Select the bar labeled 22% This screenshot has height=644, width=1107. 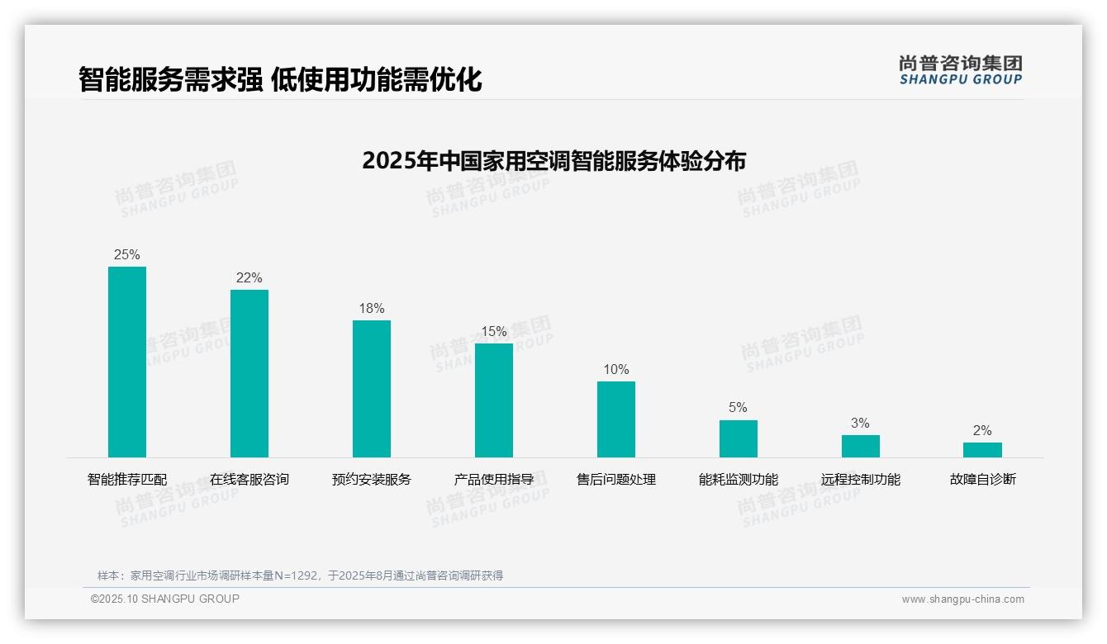(249, 373)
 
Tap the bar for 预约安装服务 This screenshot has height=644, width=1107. (372, 389)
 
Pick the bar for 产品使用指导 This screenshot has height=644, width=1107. (494, 400)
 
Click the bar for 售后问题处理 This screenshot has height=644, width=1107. (616, 419)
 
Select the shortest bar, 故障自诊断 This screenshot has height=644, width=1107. (982, 450)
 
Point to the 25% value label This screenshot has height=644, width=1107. (127, 254)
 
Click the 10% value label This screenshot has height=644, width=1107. (616, 369)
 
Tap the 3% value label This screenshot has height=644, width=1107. (860, 423)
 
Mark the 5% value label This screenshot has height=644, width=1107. (738, 407)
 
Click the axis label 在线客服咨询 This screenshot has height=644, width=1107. (249, 479)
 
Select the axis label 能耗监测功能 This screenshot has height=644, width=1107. (738, 479)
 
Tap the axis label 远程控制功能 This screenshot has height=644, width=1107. (860, 479)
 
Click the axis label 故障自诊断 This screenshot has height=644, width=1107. (982, 479)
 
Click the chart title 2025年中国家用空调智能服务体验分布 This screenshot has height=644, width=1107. (553, 160)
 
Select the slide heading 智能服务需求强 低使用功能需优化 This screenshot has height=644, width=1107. (280, 79)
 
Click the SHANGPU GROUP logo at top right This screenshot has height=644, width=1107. (960, 70)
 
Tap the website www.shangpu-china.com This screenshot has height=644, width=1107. (962, 599)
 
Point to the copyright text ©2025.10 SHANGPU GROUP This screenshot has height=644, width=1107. (165, 599)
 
